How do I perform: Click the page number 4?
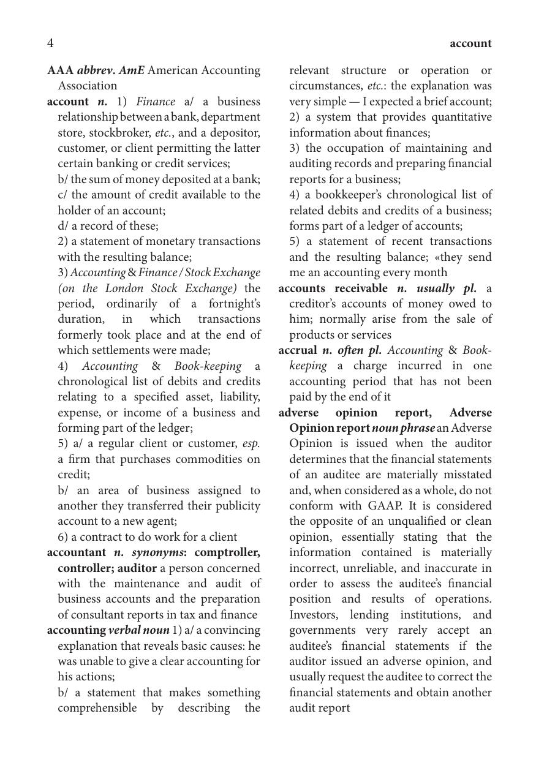pos(50,43)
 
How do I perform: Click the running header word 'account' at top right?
pos(470,43)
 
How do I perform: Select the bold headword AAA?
pos(60,70)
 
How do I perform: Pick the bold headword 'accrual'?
pos(298,350)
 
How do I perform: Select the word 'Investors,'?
pos(314,615)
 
